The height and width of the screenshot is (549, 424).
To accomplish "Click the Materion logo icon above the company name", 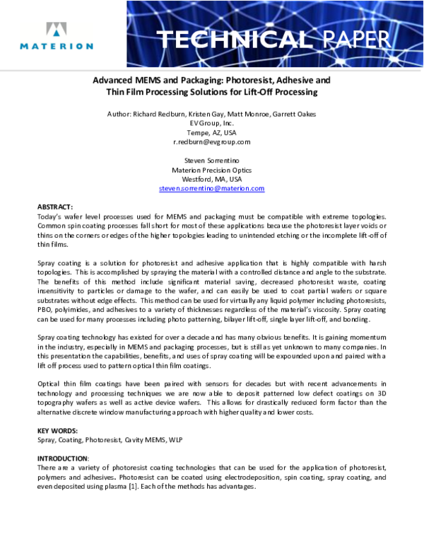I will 57,30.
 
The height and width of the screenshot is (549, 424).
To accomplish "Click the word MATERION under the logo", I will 57,46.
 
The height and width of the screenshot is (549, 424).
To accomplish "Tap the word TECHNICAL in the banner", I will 232,39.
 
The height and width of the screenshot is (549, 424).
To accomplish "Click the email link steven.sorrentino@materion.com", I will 211,189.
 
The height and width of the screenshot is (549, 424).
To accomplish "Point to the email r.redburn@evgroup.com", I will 211,141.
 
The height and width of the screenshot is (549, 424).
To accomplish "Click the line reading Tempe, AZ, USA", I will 211,132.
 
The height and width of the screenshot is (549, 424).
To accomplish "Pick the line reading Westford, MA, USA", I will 211,180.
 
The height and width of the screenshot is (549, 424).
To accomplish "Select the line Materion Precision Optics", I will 211,170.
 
